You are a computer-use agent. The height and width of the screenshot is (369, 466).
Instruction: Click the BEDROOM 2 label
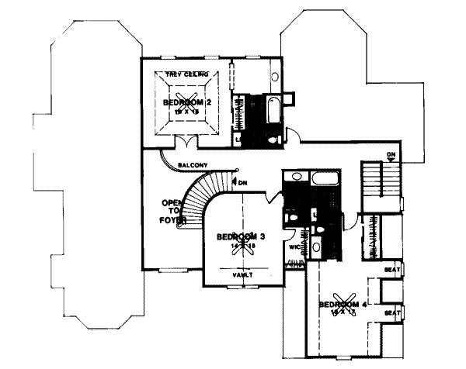pos(188,102)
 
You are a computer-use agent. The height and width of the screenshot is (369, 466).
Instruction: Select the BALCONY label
pos(192,165)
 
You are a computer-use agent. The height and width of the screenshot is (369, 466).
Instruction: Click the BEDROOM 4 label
pos(343,305)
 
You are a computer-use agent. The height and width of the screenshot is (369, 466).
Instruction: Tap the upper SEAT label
pos(392,270)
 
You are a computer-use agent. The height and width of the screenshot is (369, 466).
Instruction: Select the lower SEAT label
pos(392,313)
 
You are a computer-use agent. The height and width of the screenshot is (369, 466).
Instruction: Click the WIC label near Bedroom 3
pos(295,247)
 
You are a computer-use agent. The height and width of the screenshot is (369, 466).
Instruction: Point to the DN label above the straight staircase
pos(392,155)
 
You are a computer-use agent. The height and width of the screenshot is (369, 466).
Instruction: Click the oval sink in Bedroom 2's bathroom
pos(276,77)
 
